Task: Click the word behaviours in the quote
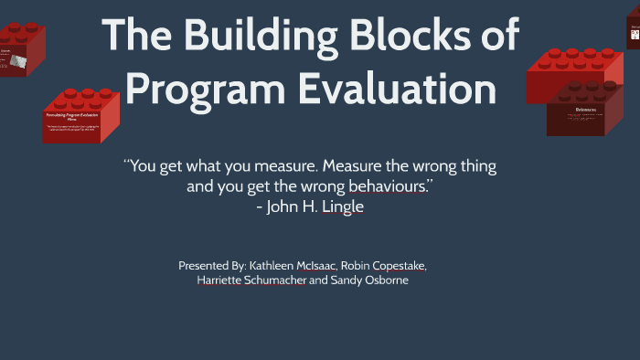click(383, 187)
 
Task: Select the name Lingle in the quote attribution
click(344, 207)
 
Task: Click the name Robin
click(357, 265)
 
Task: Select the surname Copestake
click(401, 265)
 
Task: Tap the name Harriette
click(222, 281)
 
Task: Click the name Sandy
click(347, 281)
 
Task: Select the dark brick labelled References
click(585, 114)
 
